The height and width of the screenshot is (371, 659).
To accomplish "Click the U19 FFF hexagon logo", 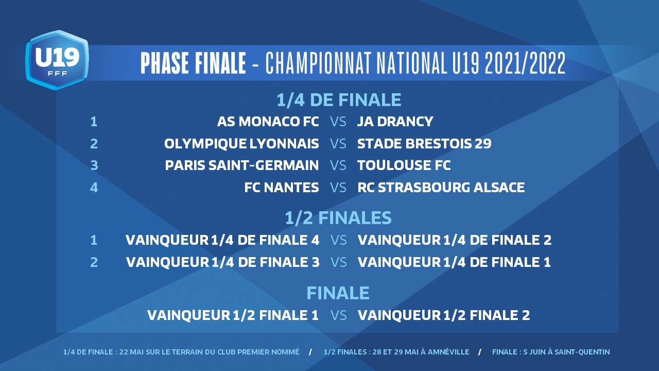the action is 57,60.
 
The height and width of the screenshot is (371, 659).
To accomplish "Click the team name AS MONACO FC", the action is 268,122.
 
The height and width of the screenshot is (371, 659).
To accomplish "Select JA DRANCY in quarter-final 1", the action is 395,122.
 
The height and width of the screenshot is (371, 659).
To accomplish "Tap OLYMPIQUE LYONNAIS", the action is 241,144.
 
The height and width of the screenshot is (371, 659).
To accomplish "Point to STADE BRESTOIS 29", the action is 424,144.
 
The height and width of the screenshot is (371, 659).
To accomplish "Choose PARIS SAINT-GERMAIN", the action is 242,165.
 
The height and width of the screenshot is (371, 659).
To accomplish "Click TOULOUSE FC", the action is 404,165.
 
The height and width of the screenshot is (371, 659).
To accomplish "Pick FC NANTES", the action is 282,187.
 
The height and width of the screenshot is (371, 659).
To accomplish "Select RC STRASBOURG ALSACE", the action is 441,187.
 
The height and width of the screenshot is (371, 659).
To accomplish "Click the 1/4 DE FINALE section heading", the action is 339,100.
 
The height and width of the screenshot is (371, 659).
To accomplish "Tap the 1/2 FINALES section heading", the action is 338,218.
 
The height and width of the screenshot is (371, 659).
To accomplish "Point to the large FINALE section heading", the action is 338,293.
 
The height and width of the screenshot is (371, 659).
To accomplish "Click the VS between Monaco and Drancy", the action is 338,122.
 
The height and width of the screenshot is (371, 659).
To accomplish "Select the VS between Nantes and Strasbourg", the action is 338,187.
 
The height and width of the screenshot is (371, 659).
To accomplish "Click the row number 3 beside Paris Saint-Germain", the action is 94,165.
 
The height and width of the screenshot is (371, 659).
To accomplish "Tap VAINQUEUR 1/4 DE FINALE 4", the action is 222,240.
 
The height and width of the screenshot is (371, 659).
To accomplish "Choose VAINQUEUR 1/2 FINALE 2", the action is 444,315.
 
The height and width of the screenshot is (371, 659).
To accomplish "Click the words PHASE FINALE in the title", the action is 193,63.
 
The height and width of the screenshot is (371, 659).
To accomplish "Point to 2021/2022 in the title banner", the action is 525,63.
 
